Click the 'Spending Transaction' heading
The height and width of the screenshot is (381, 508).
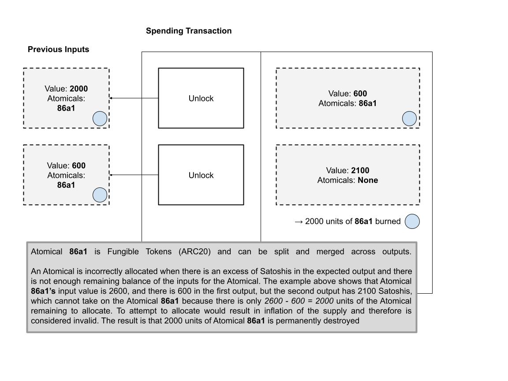click(188, 31)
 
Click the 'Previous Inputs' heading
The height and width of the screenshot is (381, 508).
click(58, 49)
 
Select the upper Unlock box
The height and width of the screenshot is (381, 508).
click(201, 98)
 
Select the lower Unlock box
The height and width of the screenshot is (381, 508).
click(201, 175)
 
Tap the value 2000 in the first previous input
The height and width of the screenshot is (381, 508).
click(78, 89)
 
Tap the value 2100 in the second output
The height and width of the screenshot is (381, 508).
click(360, 170)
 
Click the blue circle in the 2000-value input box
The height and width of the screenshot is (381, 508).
click(100, 119)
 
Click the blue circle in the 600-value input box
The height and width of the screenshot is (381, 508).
click(100, 195)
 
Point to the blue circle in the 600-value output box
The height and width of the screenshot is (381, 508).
click(410, 119)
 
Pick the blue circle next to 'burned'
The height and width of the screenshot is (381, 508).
click(412, 221)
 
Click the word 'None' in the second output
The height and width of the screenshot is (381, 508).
click(368, 180)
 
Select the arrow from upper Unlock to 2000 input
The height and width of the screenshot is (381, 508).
click(134, 98)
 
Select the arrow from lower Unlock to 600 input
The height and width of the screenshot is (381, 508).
click(134, 175)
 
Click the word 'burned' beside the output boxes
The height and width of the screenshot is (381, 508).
click(388, 221)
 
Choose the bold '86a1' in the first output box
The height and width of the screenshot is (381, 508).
click(368, 103)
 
